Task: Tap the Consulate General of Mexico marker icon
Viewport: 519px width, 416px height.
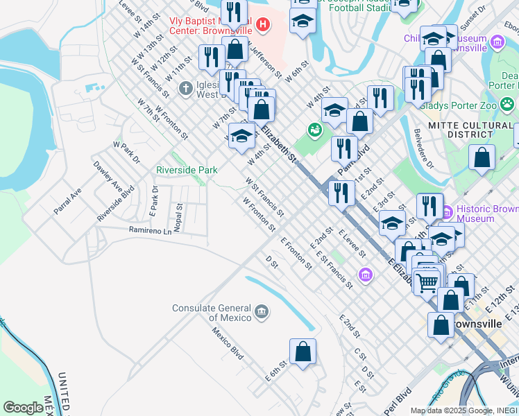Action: pos(262,310)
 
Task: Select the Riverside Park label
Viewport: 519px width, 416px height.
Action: pos(187,170)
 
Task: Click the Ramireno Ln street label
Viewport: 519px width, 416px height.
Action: pos(149,230)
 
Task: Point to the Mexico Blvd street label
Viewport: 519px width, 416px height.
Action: pos(228,343)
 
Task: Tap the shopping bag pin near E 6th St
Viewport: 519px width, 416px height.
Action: pos(303,352)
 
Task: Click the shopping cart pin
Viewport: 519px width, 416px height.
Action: pos(427,281)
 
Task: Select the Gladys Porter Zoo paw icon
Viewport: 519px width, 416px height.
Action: pos(508,105)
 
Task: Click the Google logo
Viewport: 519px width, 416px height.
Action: pos(24,408)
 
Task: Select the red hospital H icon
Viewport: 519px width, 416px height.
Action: pos(262,26)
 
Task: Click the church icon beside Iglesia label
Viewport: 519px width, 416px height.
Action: pos(185,88)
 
